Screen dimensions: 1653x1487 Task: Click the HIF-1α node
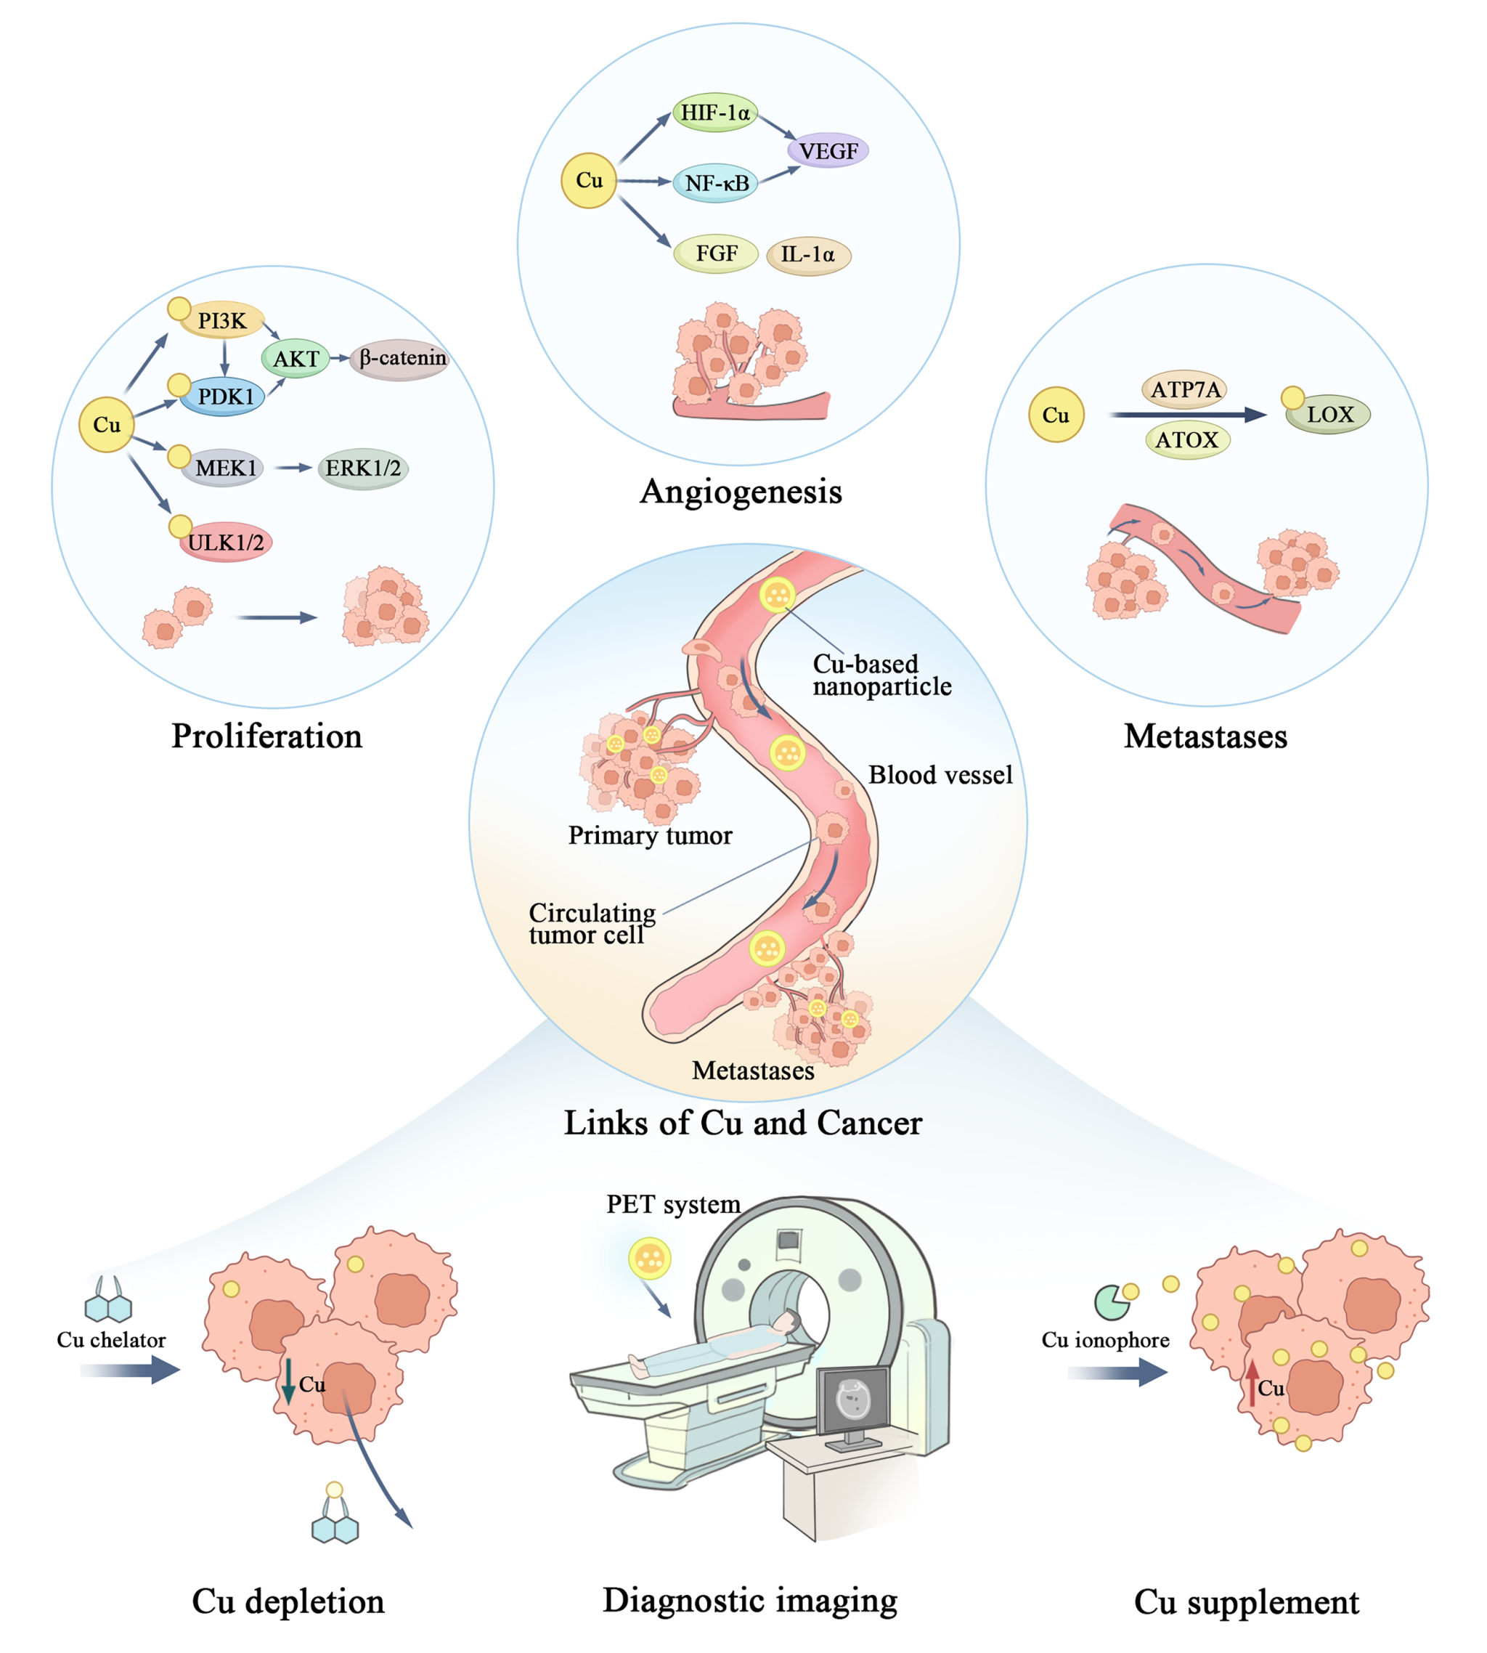click(715, 112)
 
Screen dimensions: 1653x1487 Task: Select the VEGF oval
click(828, 151)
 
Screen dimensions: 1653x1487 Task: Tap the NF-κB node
click(716, 183)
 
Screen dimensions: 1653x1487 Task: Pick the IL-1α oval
click(808, 255)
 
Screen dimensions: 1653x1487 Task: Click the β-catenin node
click(400, 359)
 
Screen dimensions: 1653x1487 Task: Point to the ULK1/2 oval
click(226, 543)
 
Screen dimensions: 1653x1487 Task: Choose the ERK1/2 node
click(363, 468)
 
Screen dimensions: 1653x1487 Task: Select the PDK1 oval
click(223, 397)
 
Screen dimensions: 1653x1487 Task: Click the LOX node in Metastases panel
click(1329, 415)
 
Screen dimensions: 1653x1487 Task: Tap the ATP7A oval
click(1185, 390)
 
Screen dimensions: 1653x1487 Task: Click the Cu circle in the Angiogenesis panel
click(588, 181)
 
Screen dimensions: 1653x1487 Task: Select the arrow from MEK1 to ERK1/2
click(293, 468)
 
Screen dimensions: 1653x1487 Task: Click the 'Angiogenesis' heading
click(740, 492)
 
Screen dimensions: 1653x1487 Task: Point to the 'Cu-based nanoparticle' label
click(881, 675)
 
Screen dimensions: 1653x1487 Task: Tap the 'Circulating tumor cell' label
click(592, 923)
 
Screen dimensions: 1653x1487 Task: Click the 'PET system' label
click(672, 1204)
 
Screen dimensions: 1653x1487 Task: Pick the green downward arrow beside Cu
click(288, 1380)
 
